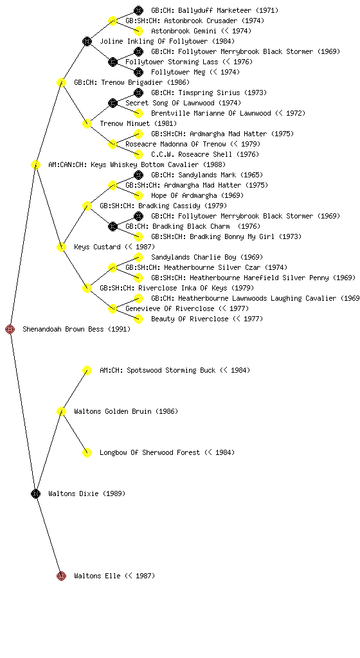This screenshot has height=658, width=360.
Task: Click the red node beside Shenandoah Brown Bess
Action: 10,330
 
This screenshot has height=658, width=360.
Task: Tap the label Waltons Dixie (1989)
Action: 87,493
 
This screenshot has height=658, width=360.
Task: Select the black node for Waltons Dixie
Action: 35,494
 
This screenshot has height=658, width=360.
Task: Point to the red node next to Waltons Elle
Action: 61,576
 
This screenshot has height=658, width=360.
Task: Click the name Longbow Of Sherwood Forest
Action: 150,452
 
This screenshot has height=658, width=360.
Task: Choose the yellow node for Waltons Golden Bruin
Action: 61,412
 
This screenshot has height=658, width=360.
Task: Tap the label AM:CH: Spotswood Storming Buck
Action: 157,370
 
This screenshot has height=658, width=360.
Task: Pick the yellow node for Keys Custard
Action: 61,247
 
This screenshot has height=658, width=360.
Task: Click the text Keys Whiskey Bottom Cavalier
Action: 145,164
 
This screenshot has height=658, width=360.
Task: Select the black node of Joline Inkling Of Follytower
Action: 87,41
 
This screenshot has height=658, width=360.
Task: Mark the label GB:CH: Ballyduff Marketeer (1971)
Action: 215,10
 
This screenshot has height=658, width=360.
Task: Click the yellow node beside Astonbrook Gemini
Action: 138,31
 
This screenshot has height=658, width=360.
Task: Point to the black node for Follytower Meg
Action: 138,72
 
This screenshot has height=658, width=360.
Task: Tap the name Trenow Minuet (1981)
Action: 138,123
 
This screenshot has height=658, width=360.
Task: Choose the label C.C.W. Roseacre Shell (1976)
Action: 205,154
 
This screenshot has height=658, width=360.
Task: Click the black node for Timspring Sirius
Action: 138,93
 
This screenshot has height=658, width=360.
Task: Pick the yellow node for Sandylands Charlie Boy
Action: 138,257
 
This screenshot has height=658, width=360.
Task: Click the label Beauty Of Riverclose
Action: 190,319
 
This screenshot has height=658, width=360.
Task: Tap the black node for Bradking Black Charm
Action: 113,227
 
